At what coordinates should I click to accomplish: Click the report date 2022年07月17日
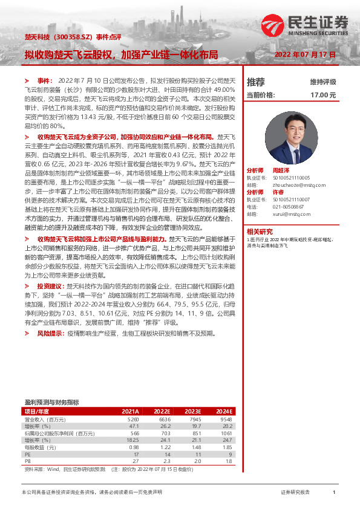point(305,54)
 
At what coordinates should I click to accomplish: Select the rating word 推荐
point(256,82)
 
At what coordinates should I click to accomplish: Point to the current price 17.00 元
point(322,95)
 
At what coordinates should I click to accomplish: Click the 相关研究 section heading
point(261,230)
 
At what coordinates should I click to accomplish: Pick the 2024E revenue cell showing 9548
point(226,418)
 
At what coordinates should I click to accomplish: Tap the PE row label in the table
point(28,454)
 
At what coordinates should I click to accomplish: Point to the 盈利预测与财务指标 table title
point(51,401)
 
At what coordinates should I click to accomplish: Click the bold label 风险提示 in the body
point(49,333)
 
